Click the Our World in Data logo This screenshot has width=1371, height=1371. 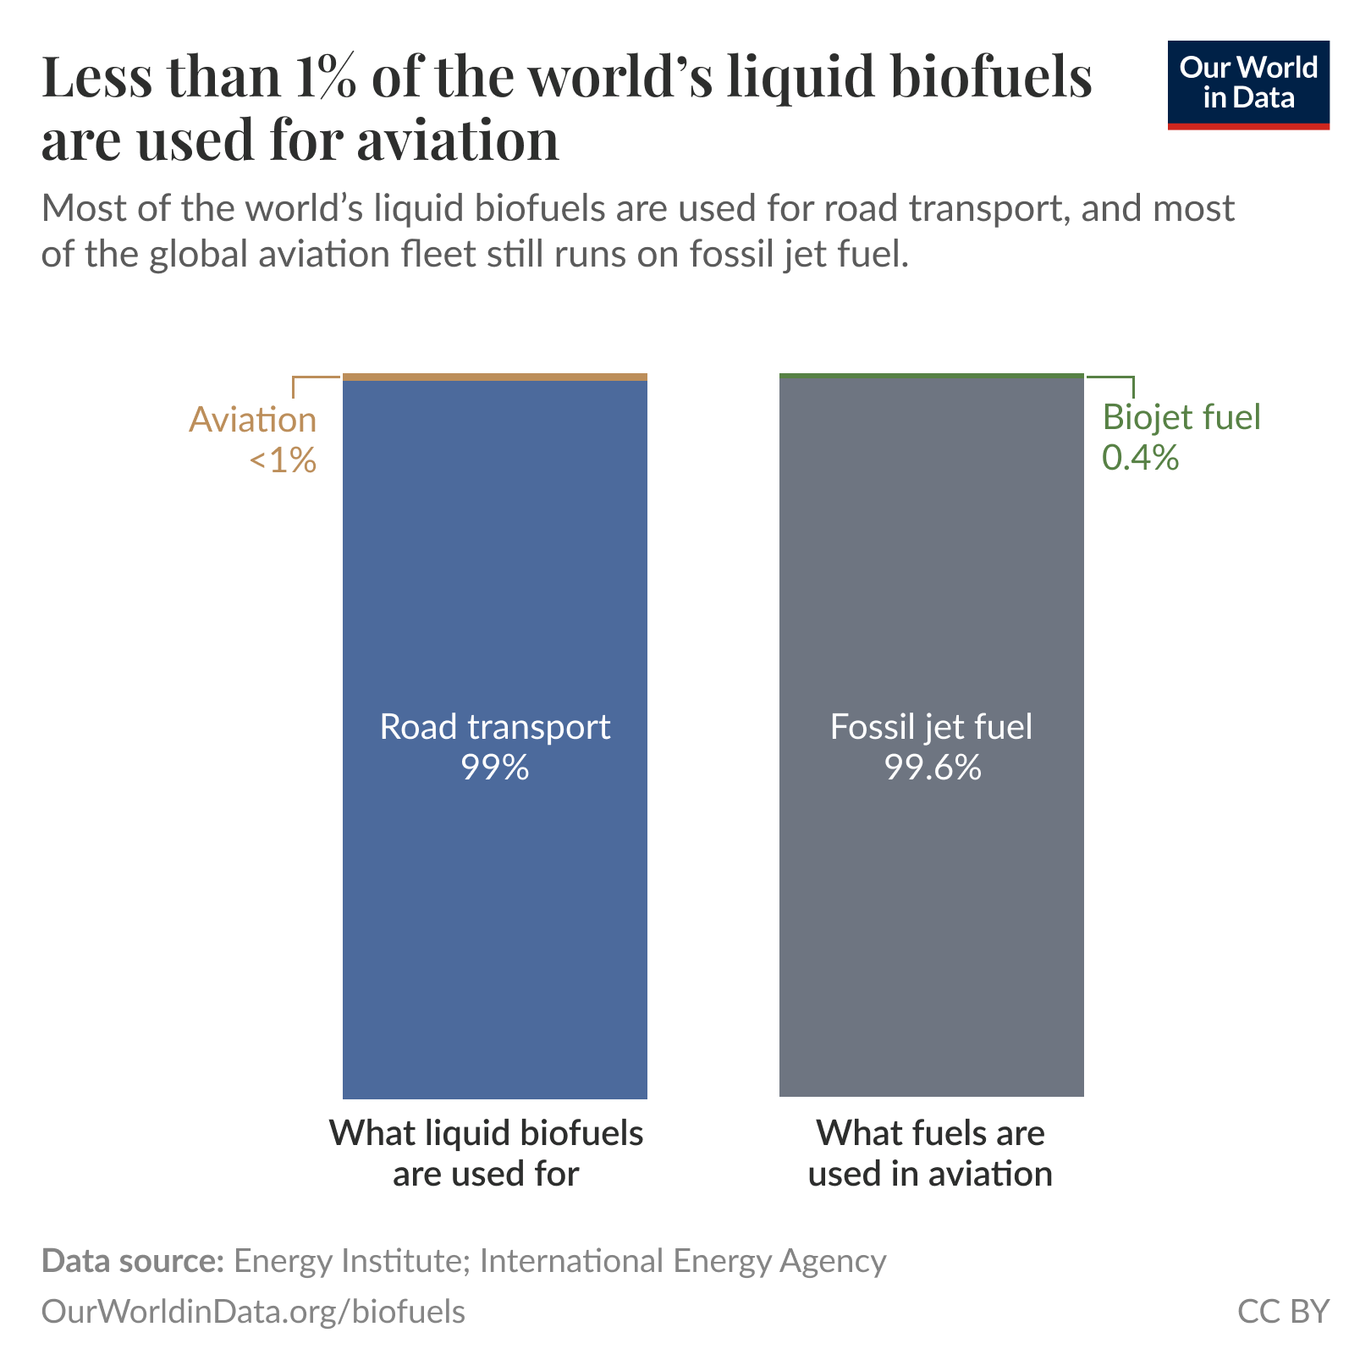pos(1247,84)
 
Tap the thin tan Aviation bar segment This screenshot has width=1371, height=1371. pos(494,377)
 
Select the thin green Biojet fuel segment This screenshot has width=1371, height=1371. pos(931,376)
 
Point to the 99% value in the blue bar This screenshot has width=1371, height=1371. pos(494,768)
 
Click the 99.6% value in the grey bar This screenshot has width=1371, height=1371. pos(932,768)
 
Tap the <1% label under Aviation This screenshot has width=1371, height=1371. pos(283,460)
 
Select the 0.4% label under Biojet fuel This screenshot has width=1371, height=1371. pos(1140,458)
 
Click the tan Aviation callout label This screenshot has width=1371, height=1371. pos(252,420)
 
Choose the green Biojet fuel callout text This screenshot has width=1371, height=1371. pos(1181,417)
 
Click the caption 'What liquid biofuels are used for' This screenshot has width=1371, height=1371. pos(486,1153)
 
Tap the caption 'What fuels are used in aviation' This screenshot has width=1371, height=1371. pos(930,1153)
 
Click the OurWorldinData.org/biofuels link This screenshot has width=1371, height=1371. pos(253,1311)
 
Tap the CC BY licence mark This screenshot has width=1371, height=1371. pos(1282,1311)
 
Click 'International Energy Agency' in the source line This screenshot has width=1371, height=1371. pos(682,1260)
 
